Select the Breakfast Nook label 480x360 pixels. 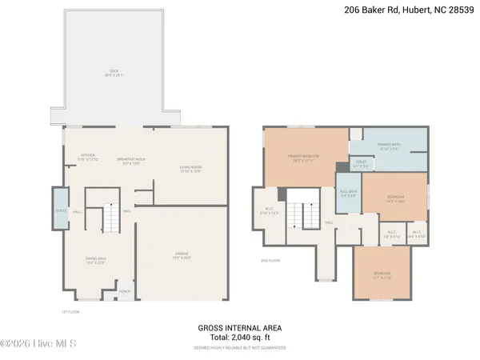[x=130, y=157]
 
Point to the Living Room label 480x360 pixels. [x=190, y=169]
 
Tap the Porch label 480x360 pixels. [x=125, y=291]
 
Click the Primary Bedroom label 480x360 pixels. [x=302, y=158]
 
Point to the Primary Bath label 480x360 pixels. [x=390, y=146]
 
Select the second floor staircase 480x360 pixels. [x=300, y=214]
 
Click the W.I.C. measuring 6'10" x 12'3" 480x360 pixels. [x=269, y=211]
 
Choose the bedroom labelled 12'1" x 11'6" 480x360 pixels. [x=382, y=275]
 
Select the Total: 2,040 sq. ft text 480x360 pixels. [x=239, y=338]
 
